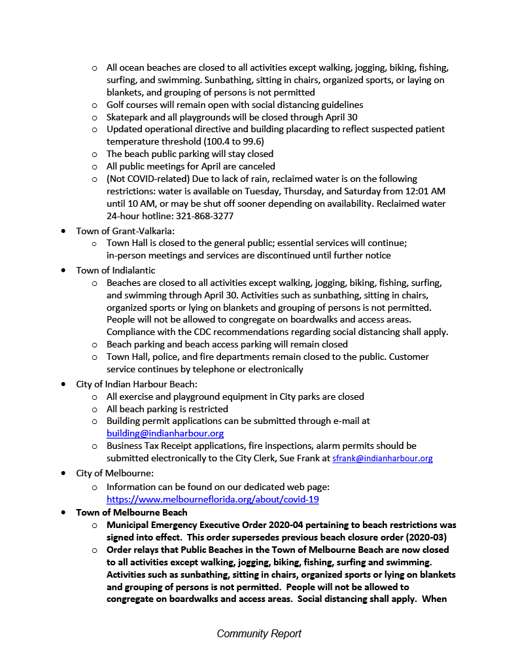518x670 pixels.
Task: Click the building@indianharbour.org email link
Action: pos(165,433)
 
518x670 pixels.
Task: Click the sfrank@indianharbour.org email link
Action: pos(383,459)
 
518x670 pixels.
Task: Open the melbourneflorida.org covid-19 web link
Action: pos(213,499)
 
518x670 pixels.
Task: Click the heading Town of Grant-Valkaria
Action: pos(125,230)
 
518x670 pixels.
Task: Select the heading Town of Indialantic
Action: pos(116,270)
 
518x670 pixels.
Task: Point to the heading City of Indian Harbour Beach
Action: pos(136,384)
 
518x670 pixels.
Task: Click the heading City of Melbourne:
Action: pos(114,473)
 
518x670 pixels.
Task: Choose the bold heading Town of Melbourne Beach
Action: pos(131,512)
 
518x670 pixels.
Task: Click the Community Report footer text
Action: pos(259,633)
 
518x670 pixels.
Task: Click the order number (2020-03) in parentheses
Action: pos(423,537)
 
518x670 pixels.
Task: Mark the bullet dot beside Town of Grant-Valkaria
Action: pos(63,231)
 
